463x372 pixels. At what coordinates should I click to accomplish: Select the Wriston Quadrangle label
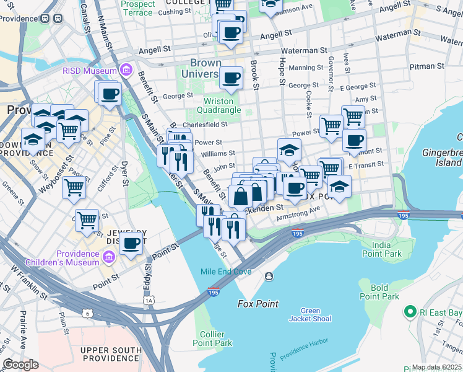point(219,105)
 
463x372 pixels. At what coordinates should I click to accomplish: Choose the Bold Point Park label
point(379,292)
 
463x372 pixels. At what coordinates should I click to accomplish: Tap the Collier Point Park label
point(212,339)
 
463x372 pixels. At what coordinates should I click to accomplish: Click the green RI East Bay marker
point(409,312)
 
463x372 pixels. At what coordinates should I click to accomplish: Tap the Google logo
point(20,364)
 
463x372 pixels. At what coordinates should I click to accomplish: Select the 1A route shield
point(148,301)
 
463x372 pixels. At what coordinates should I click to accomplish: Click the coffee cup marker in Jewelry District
point(131,243)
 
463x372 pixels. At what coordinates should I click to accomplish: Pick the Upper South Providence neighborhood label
point(110,355)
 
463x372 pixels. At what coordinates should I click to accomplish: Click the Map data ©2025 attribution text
point(436,367)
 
